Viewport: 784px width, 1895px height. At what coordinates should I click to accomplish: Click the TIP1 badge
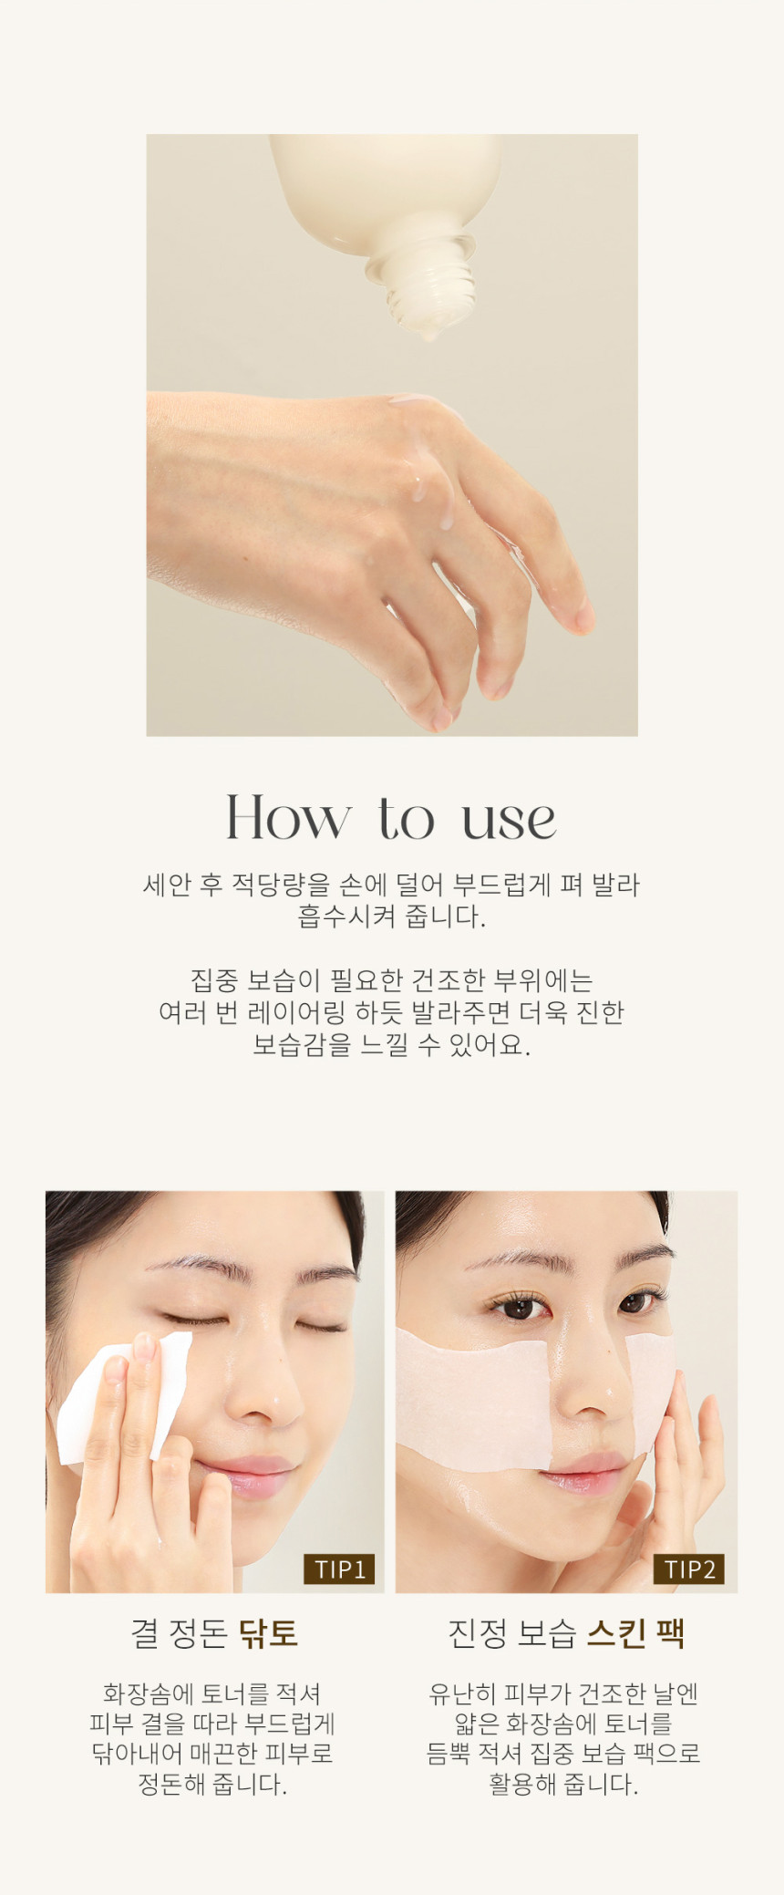(339, 1569)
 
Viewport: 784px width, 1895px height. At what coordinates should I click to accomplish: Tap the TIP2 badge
(689, 1569)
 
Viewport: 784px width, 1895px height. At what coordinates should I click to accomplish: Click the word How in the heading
(288, 817)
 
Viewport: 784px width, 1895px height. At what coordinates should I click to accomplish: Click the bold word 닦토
(269, 1633)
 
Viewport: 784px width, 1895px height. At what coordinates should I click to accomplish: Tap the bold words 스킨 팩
(634, 1633)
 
